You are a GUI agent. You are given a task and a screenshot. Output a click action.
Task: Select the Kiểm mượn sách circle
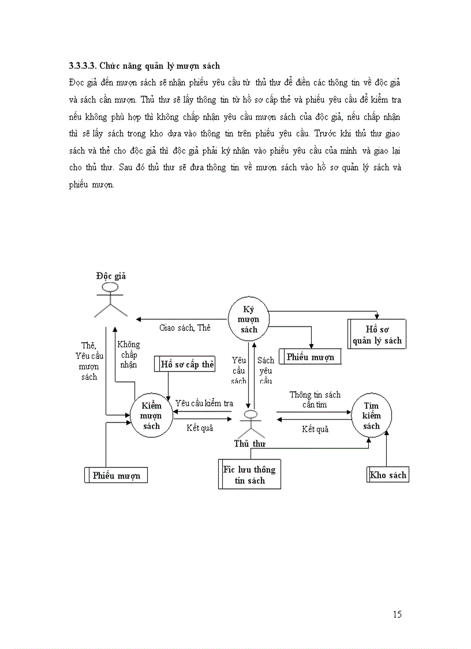[151, 416]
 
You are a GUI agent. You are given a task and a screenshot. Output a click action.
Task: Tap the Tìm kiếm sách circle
[372, 416]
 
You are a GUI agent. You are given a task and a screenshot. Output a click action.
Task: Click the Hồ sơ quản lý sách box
[377, 335]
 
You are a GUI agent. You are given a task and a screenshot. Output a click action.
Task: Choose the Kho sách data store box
[388, 475]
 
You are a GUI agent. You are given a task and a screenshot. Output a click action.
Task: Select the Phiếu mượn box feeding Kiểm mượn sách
[117, 476]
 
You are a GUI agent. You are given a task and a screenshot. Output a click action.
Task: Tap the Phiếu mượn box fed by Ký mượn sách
[309, 357]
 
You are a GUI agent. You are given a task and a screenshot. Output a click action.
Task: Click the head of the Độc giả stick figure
[110, 287]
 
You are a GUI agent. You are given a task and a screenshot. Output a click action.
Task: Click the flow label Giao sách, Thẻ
[185, 328]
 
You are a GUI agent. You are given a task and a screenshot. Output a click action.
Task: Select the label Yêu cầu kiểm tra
[204, 403]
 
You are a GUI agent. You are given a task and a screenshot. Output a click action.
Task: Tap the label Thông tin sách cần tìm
[315, 399]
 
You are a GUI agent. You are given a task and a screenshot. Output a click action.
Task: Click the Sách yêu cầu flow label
[266, 370]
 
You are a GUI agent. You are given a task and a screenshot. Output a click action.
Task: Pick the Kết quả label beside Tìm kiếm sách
[315, 429]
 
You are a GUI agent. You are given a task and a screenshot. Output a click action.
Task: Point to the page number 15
[397, 614]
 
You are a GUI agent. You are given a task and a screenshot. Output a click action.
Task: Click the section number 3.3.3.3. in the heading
[86, 66]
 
